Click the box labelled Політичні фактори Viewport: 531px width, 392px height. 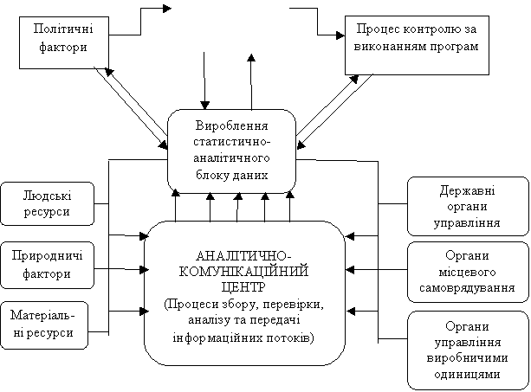click(x=64, y=42)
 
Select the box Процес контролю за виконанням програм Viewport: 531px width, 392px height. click(x=417, y=45)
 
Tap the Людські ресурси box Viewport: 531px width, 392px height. click(x=47, y=203)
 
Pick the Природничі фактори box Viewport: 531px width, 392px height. click(x=47, y=265)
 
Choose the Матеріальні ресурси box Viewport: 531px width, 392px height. click(x=44, y=325)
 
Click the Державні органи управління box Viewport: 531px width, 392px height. click(x=468, y=206)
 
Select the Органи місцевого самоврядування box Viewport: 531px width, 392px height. click(x=468, y=272)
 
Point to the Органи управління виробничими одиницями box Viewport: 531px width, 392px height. click(x=468, y=350)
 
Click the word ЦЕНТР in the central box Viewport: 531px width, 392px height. click(x=243, y=287)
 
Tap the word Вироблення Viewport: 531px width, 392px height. click(x=231, y=125)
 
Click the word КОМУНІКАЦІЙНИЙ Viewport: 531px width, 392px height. click(x=243, y=272)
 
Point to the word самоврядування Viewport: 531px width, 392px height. click(x=467, y=288)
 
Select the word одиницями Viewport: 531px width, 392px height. click(x=467, y=375)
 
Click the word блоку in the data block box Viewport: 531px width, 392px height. click(x=211, y=175)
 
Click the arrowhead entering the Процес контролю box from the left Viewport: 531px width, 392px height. click(x=340, y=35)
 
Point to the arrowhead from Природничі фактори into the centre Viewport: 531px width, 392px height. click(x=145, y=270)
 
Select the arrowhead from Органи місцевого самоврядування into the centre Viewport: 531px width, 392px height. click(x=350, y=270)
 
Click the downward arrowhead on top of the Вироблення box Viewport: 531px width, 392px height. click(x=204, y=106)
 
